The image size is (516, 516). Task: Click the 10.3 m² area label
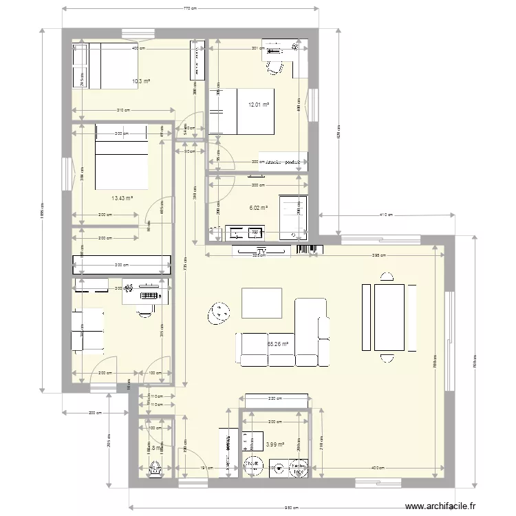pos(141,81)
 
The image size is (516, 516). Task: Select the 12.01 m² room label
pos(259,105)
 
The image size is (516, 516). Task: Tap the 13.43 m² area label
pos(122,197)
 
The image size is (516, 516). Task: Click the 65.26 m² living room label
pos(277,343)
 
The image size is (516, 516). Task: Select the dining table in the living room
pos(389,317)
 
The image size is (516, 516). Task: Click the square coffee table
pos(261,303)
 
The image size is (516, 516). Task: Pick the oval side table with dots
pos(220,313)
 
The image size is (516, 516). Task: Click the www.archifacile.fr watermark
pos(440,507)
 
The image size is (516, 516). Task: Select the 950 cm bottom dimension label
pos(291,508)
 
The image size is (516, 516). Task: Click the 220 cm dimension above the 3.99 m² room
pos(275,398)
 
